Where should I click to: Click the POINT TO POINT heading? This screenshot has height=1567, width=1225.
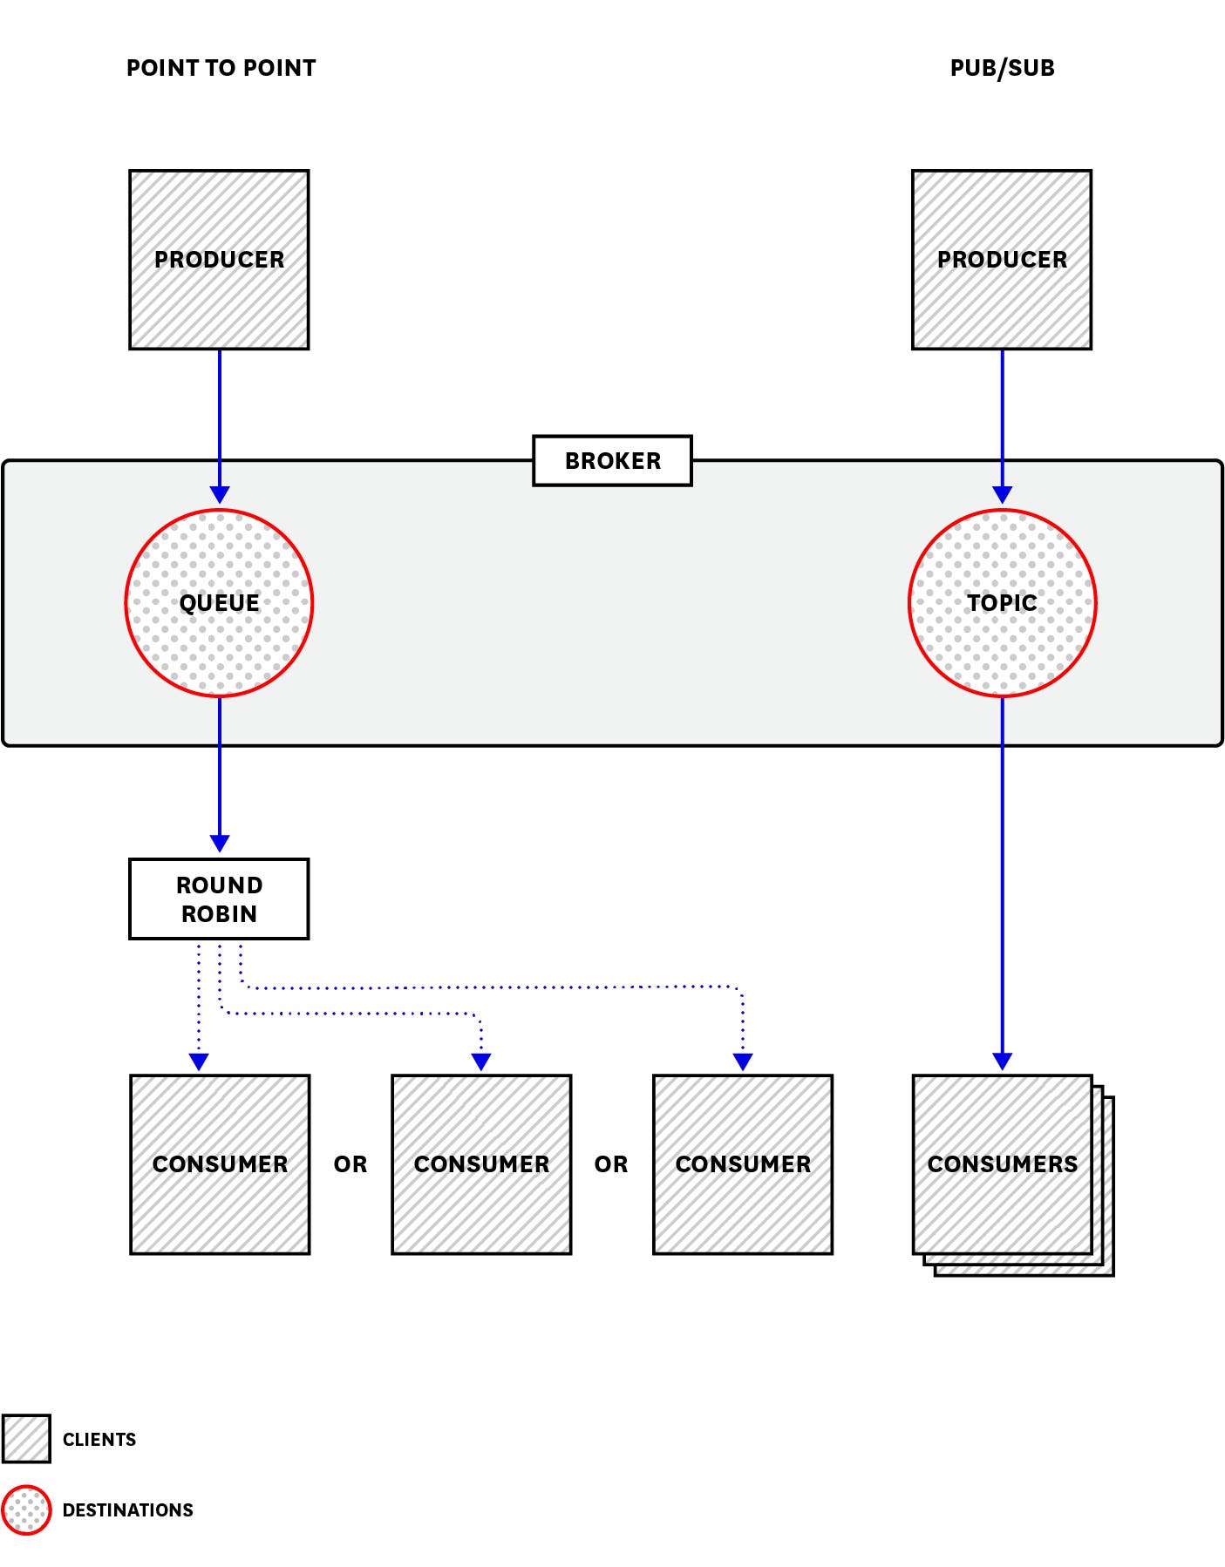pos(221,68)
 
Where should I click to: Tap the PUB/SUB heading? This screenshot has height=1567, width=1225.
pos(1002,68)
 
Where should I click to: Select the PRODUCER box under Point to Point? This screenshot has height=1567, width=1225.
pos(219,260)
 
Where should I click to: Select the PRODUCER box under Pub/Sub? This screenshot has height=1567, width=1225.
pos(1002,260)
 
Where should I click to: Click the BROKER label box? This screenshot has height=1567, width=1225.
pos(612,460)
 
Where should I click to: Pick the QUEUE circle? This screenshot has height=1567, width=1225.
pos(219,603)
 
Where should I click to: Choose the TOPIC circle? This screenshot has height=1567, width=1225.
pos(1002,603)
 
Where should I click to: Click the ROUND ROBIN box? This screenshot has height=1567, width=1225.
pos(219,899)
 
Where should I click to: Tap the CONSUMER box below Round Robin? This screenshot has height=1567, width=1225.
pos(220,1164)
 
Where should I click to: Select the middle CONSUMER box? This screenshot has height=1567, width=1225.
pos(481,1164)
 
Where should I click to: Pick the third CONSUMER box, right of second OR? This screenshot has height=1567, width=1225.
pos(743,1164)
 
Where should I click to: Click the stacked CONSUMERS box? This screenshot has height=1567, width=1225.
pos(1003,1164)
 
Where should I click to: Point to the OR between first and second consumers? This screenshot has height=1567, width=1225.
pos(350,1164)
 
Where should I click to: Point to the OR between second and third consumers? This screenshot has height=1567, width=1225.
pos(611,1164)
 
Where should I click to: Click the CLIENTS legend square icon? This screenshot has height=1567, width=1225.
pos(26,1439)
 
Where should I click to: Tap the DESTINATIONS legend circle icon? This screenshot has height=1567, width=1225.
pos(26,1510)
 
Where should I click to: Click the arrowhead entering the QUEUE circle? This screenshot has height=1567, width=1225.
pos(220,495)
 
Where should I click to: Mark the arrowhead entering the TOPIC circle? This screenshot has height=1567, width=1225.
pos(1003,495)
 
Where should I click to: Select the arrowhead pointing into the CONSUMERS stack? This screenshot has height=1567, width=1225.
pos(1003,1062)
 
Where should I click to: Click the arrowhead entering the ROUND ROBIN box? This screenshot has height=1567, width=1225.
pos(220,844)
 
